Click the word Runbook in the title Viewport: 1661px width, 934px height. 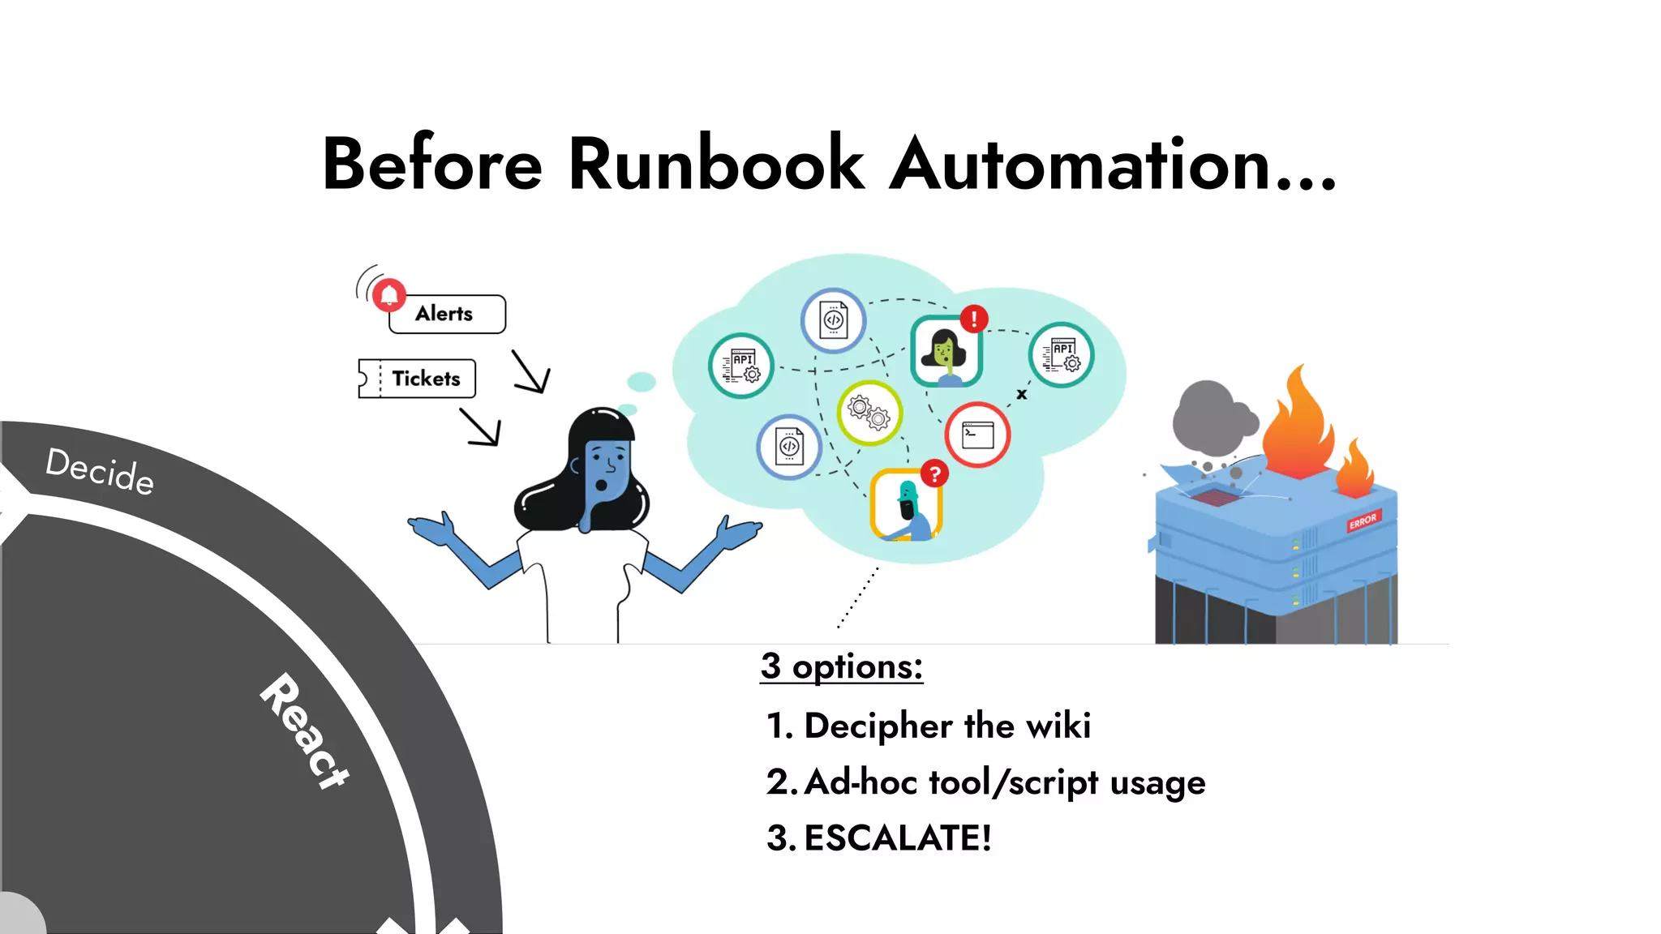(x=716, y=165)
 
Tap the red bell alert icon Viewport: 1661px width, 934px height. (x=389, y=295)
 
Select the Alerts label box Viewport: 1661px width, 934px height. (x=447, y=314)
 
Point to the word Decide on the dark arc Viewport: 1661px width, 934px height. (x=100, y=471)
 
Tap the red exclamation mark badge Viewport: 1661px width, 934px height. (x=974, y=319)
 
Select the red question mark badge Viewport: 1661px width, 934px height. (x=935, y=473)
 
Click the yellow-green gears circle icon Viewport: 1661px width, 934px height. (x=869, y=413)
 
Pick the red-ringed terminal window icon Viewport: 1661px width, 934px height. (x=977, y=435)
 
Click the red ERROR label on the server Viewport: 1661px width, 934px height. (x=1363, y=521)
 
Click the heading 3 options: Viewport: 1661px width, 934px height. (x=842, y=666)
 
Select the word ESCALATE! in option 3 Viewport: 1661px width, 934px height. (x=898, y=838)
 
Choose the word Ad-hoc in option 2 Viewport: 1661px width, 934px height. (x=861, y=782)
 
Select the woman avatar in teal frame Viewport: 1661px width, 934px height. (x=946, y=351)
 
